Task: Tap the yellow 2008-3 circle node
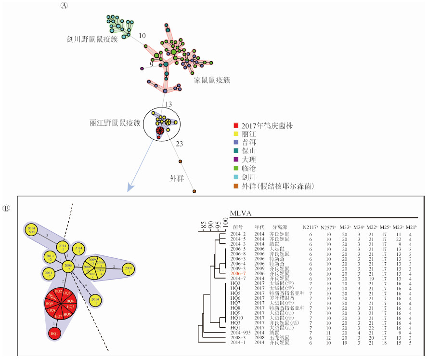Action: tap(128, 269)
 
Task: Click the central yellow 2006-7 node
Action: tap(68, 266)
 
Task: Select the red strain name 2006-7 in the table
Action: tap(239, 274)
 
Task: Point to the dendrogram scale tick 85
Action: tap(204, 225)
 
